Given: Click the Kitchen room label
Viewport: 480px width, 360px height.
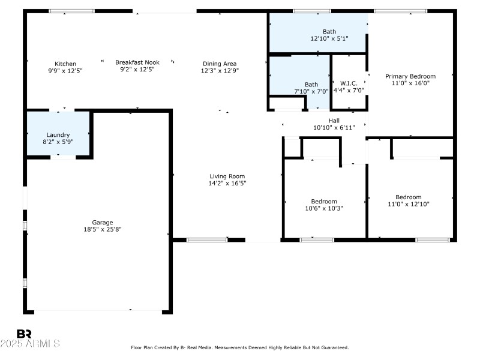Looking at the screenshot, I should pos(65,64).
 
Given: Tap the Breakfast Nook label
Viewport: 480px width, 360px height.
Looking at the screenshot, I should pos(137,62).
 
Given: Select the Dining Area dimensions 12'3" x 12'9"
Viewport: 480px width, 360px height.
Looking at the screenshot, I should pos(219,71).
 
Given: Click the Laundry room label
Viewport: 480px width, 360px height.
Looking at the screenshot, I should pos(58,135).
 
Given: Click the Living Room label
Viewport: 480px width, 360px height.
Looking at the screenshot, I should pos(223,176).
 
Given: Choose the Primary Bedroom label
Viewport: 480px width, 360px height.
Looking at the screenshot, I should pos(410,76).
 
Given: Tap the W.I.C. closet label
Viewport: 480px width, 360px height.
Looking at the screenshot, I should pos(349,83).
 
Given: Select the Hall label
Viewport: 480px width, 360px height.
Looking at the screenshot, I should pos(334,121).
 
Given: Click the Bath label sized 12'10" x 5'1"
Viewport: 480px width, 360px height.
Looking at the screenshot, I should pos(329,32).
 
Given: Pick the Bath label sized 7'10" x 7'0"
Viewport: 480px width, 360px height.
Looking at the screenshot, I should pos(311,85).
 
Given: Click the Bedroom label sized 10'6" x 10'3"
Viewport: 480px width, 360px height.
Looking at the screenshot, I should pos(324,202).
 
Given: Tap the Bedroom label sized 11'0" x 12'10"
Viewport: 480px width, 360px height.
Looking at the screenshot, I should pos(408,197).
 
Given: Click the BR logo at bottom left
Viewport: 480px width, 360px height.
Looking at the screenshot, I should pos(24,334).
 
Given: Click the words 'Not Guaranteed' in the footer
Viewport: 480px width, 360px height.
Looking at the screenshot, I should pos(330,347).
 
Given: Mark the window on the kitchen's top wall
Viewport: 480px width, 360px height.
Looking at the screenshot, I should pos(71,11).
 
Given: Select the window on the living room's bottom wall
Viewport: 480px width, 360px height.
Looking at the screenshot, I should pos(206,240).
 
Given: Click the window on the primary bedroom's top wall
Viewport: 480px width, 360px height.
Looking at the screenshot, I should pos(400,11).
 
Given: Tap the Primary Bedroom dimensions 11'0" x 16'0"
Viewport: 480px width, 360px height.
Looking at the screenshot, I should pos(410,83).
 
